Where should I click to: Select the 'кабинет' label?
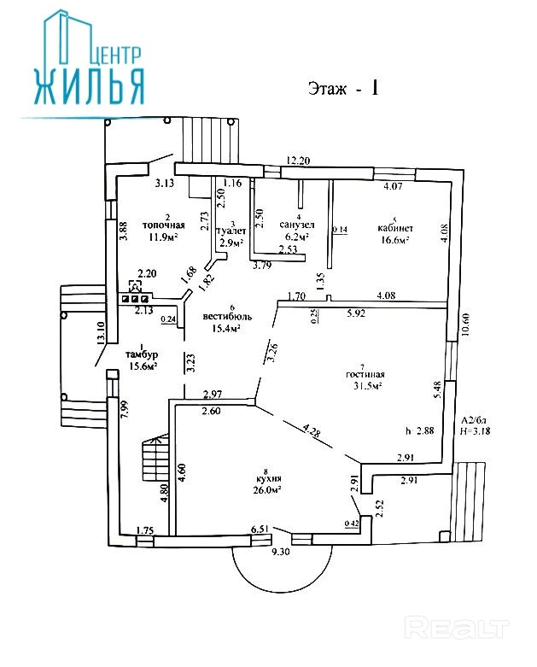pos(395,228)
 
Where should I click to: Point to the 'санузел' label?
pos(295,225)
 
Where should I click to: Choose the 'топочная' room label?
pos(163,225)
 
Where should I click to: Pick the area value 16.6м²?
pos(395,240)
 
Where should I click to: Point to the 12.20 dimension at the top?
pos(298,160)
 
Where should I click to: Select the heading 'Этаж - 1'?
pos(342,89)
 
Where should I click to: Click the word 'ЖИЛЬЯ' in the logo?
pos(89,85)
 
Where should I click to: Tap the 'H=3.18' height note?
pos(476,431)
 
